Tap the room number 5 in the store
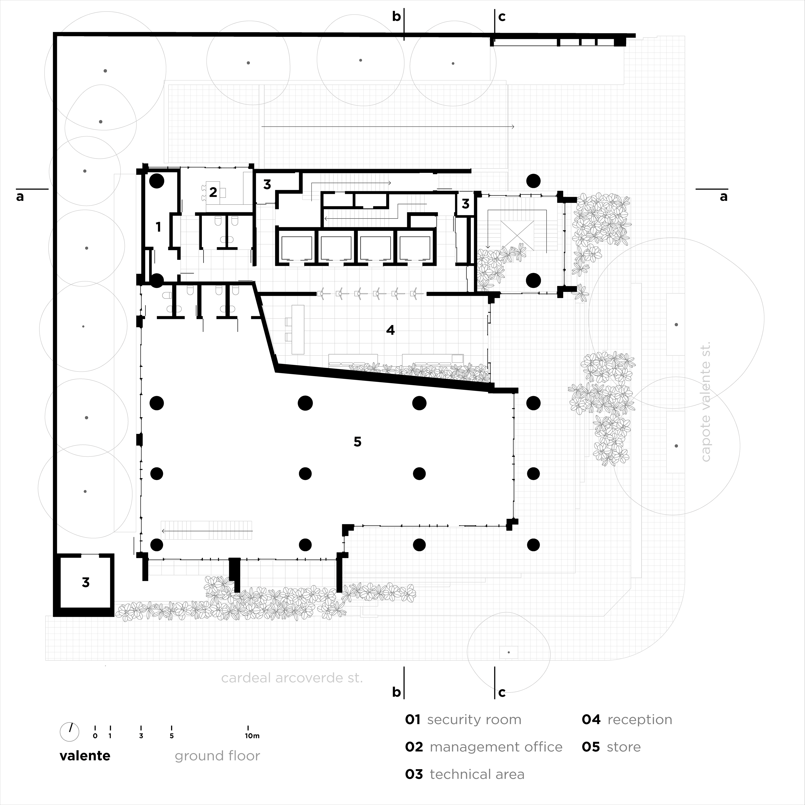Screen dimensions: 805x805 click(x=357, y=442)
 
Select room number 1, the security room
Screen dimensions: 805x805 click(x=158, y=227)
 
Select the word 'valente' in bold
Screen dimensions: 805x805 click(x=85, y=756)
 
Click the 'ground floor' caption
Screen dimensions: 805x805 click(x=217, y=756)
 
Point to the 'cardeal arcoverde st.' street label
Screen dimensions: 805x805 click(x=292, y=678)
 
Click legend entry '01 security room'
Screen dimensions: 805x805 click(x=463, y=720)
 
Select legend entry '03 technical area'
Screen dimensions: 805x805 click(x=465, y=774)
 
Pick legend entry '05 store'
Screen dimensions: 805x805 click(x=611, y=747)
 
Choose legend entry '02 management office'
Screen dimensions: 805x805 click(x=483, y=747)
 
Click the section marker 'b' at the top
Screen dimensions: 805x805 click(x=396, y=17)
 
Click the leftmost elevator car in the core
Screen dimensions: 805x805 click(x=296, y=248)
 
